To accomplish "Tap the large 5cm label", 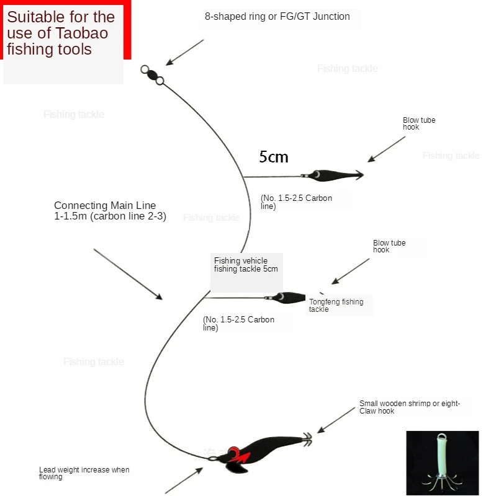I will pos(274,157).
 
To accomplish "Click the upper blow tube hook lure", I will pos(332,175).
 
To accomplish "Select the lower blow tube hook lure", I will pos(289,298).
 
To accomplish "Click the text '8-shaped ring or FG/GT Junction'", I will pos(277,17).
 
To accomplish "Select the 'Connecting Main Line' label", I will pos(110,211).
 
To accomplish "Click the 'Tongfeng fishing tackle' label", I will pos(336,305).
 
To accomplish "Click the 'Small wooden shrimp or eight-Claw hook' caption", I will pos(409,407).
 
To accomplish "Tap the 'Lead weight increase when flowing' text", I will pos(84,473).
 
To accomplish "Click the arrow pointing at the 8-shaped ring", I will pos(184,52).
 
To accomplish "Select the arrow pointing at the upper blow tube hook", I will pos(386,149).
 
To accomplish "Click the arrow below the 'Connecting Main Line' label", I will pos(128,274).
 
